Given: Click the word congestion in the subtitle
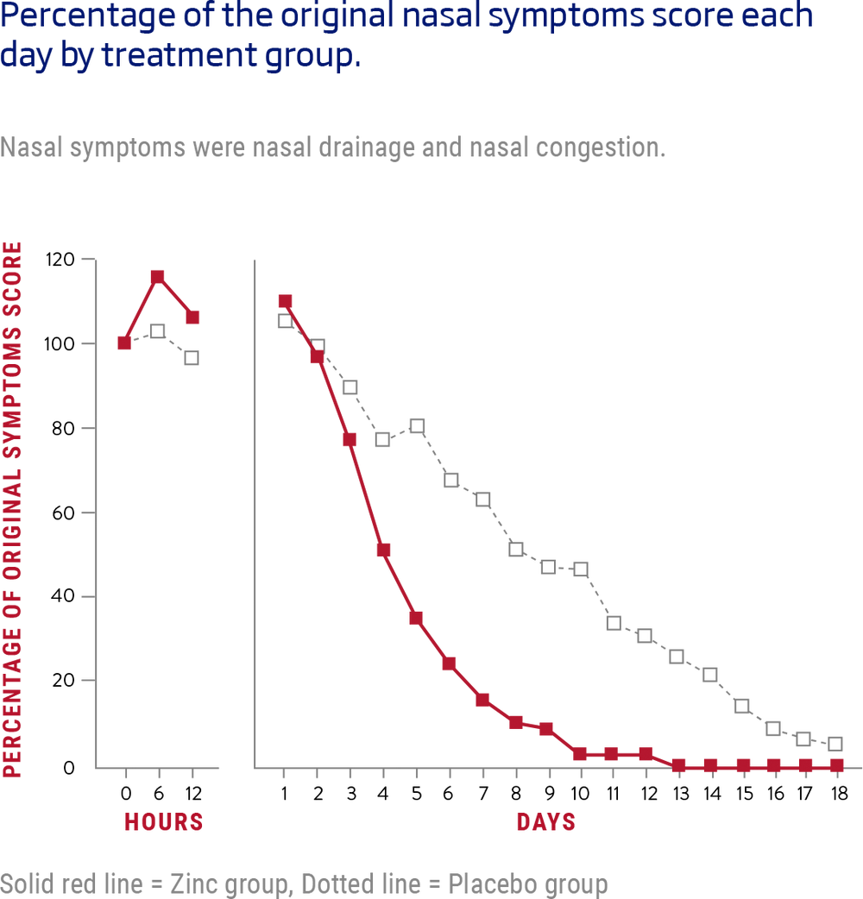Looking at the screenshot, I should click(600, 148).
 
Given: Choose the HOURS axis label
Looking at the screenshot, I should click(163, 822).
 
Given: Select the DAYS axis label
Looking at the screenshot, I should click(546, 822).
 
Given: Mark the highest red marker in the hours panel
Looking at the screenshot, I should click(157, 276).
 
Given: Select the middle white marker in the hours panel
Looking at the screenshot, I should click(157, 330).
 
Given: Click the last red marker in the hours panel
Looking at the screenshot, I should click(192, 317).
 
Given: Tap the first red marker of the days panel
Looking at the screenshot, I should click(285, 301).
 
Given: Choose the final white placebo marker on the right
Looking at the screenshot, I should click(835, 744).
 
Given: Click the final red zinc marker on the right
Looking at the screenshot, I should click(835, 765).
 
